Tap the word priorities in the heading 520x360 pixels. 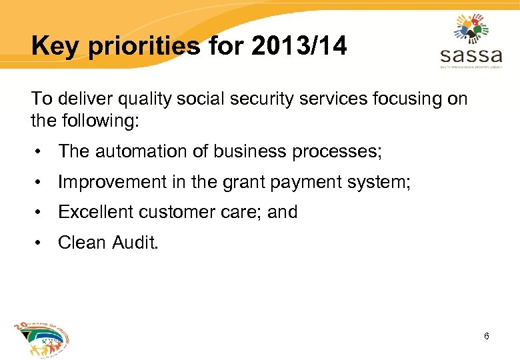coord(142,47)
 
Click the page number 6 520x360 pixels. coord(487,336)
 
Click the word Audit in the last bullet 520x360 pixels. coord(137,243)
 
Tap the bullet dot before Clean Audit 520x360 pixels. coord(41,243)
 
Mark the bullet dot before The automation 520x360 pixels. coord(41,152)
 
